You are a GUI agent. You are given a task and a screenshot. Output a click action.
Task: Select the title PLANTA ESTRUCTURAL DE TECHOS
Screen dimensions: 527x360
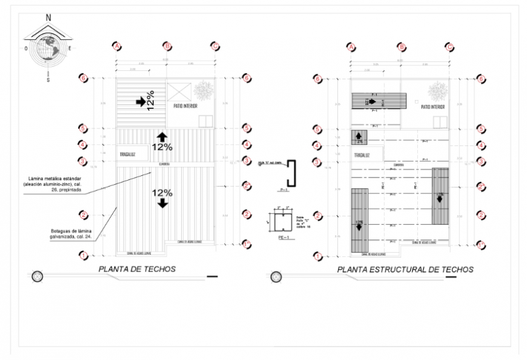point(405,269)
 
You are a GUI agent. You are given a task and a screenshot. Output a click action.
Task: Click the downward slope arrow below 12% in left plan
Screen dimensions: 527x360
point(162,204)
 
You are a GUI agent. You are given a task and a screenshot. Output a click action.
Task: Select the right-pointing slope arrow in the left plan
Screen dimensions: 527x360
point(141,102)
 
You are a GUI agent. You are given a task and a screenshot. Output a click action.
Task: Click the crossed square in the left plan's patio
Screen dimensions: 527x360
point(179,92)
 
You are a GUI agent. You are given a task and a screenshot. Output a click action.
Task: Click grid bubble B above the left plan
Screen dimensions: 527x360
point(167,46)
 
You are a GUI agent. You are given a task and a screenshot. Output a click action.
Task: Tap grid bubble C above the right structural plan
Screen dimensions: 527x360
point(449,46)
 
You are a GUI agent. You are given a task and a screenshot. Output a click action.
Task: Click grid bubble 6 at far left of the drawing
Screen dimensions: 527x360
point(84,78)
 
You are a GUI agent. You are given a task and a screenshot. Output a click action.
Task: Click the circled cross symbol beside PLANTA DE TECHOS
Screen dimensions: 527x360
point(38,276)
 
